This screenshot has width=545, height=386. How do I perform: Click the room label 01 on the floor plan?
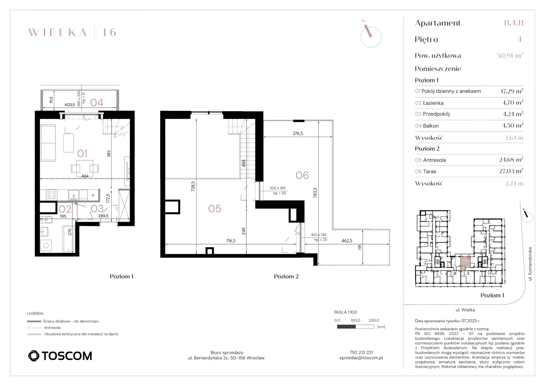click(x=82, y=154)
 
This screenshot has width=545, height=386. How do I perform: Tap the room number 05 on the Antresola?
click(x=215, y=209)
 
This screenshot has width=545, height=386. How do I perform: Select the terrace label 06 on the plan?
click(x=302, y=175)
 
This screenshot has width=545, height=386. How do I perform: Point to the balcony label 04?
click(x=97, y=103)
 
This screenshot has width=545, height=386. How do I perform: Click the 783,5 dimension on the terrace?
click(x=315, y=193)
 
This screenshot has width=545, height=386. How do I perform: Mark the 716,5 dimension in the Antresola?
click(x=231, y=241)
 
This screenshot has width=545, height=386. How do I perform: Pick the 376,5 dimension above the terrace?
click(x=298, y=134)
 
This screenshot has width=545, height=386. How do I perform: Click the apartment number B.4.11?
click(x=514, y=23)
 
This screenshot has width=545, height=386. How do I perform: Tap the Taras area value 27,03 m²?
click(x=511, y=171)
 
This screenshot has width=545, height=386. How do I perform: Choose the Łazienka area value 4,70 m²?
click(x=513, y=103)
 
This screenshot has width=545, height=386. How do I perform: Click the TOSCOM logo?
click(x=60, y=356)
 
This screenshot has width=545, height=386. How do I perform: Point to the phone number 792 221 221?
click(x=361, y=352)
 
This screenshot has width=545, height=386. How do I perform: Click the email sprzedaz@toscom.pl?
click(x=361, y=358)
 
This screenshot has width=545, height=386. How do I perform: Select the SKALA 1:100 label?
click(x=345, y=312)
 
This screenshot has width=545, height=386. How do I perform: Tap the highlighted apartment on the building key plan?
click(x=465, y=263)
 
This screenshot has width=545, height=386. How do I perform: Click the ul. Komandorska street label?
click(x=530, y=264)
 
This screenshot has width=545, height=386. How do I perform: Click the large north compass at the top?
click(x=371, y=35)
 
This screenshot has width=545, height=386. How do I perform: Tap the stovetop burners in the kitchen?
click(x=52, y=194)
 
